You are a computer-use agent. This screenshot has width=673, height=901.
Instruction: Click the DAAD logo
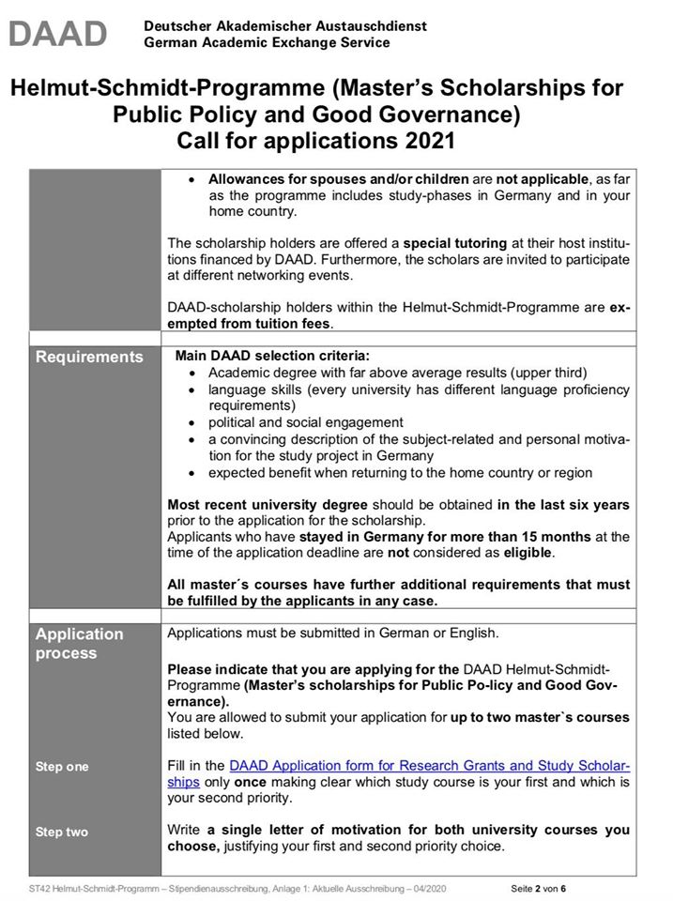(58, 34)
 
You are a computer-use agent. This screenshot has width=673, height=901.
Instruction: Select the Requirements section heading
(90, 357)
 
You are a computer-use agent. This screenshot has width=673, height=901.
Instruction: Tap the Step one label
(62, 767)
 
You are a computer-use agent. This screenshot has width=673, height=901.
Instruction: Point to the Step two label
(62, 832)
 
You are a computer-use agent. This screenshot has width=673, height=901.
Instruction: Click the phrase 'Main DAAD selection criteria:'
(272, 356)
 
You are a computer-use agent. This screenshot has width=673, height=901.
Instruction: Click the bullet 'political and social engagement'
(306, 422)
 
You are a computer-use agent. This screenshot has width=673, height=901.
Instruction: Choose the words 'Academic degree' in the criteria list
(259, 372)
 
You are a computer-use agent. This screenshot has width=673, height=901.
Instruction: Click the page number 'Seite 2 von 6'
(539, 888)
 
